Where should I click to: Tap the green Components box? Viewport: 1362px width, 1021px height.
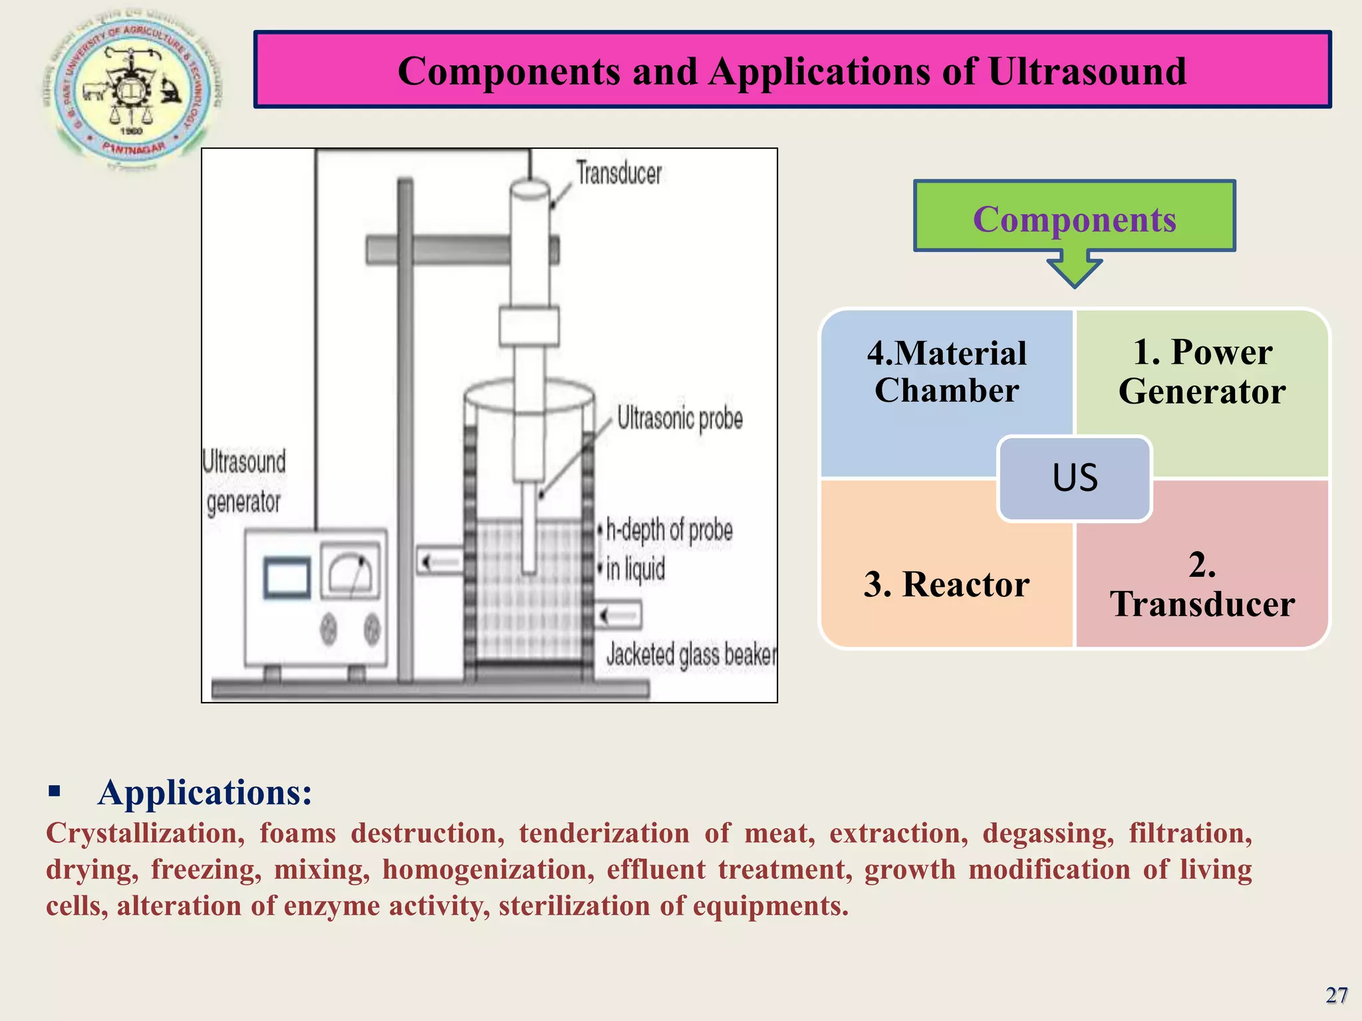tap(1074, 216)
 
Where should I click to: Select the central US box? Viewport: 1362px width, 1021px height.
tap(1074, 478)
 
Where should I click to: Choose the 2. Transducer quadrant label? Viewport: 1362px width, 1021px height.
tap(1202, 584)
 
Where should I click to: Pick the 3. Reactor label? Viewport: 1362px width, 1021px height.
tap(946, 584)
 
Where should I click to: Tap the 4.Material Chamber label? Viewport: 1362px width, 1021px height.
tap(946, 371)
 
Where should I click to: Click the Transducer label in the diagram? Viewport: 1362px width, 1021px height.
tap(618, 173)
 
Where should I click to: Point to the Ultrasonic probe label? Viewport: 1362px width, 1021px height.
tap(680, 418)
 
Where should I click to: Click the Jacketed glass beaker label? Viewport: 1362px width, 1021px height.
tap(690, 655)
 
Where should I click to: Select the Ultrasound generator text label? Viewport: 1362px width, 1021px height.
tap(243, 481)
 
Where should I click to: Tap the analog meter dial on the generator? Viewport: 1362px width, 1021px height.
tap(351, 571)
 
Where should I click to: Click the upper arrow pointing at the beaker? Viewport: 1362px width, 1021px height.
tap(438, 562)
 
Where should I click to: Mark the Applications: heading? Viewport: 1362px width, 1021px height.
tap(204, 792)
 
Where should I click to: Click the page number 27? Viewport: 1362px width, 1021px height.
tap(1336, 995)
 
